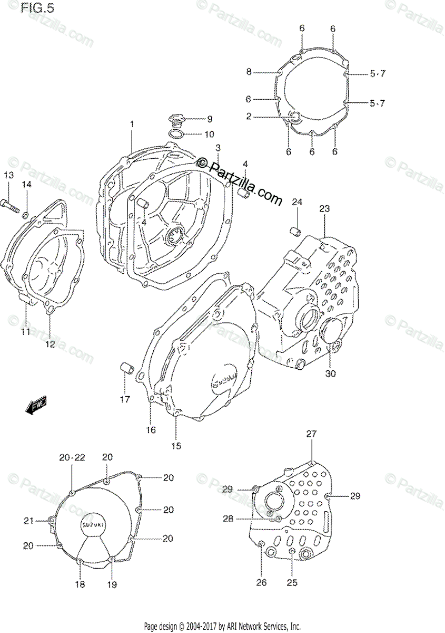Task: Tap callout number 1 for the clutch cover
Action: tap(132, 124)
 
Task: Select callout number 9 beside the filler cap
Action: tap(209, 119)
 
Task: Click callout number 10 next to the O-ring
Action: tap(209, 134)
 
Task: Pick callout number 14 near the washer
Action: tap(26, 184)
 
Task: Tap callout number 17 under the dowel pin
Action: tap(124, 399)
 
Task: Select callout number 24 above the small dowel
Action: tap(297, 202)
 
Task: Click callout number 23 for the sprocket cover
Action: tap(323, 209)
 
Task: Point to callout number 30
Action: tap(330, 373)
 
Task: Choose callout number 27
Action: tap(312, 434)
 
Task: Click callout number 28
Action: tap(228, 519)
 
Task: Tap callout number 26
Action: tap(262, 582)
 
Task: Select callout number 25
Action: tap(292, 582)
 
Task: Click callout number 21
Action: tap(28, 521)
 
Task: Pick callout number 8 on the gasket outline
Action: tap(249, 72)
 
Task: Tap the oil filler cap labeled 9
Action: tap(176, 119)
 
